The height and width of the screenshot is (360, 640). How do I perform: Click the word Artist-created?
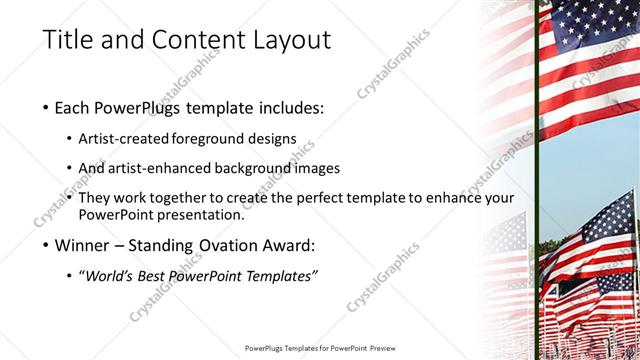123,137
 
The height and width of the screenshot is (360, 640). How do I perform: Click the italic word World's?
113,276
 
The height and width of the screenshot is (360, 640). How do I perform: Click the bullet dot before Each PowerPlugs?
47,108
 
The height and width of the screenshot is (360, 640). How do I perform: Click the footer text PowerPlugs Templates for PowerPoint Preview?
319,348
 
